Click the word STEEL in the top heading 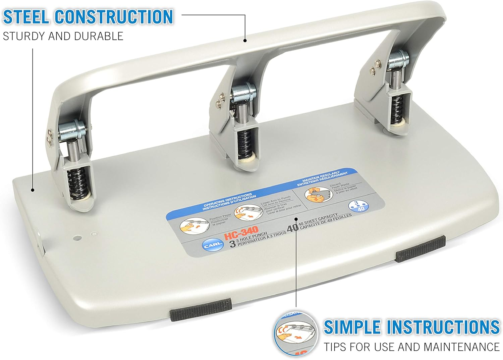(26, 17)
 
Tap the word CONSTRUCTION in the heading (114, 17)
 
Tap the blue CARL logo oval (212, 246)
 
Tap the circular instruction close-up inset (295, 333)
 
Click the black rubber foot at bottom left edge (201, 309)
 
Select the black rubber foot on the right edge (421, 248)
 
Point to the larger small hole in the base (77, 238)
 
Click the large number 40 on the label (292, 227)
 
